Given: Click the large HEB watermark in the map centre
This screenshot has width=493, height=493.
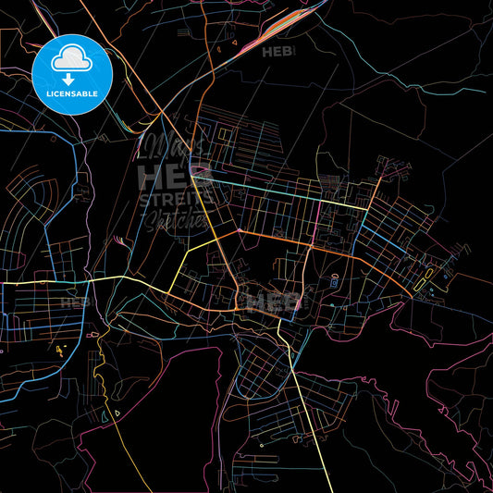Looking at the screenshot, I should point(274,302).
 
